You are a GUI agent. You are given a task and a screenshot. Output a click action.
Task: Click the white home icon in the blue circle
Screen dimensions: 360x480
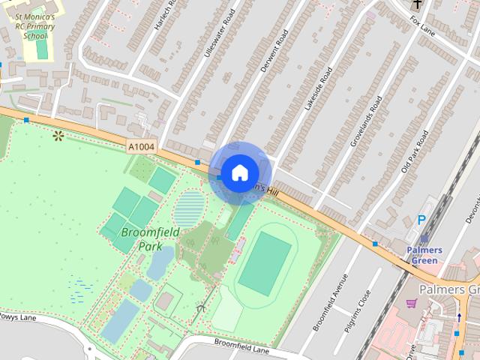pos(239,172)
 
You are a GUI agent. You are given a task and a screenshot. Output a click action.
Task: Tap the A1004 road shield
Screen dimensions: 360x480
pos(140,148)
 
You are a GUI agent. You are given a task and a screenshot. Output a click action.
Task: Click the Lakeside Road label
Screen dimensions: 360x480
pos(318,89)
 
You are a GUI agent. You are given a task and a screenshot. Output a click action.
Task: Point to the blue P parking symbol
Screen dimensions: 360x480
pos(421,220)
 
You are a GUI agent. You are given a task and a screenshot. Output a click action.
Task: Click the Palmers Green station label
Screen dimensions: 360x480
pos(424,255)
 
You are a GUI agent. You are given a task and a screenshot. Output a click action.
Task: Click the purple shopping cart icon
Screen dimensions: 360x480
pos(411,304)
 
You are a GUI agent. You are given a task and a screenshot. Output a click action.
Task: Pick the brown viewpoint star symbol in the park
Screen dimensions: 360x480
pos(58,135)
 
